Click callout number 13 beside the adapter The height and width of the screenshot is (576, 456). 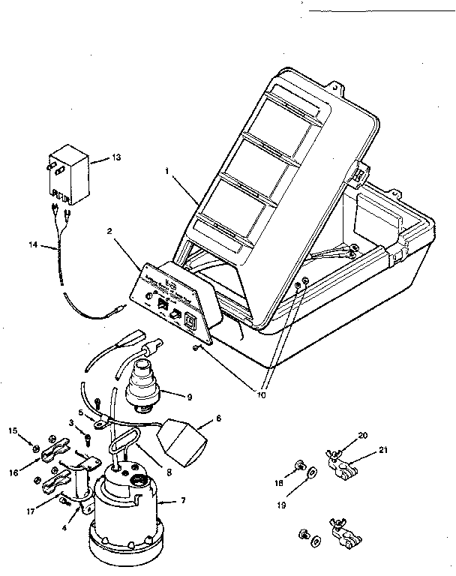[x=115, y=157]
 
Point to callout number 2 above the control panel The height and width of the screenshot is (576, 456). [x=109, y=232]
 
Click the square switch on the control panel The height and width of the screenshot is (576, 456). [x=189, y=320]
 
